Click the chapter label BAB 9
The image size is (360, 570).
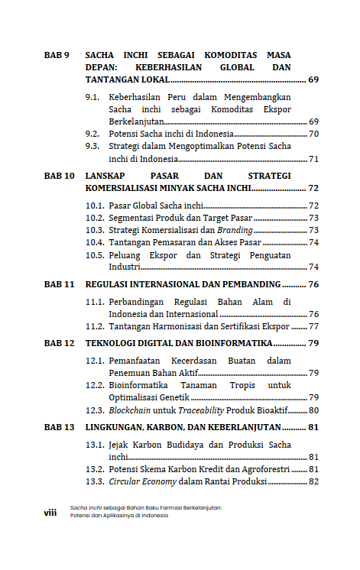tap(57, 56)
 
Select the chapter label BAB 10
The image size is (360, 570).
tap(59, 176)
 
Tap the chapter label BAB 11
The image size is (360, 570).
tap(59, 284)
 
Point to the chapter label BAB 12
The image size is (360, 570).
tap(59, 343)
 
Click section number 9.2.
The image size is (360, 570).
tap(92, 134)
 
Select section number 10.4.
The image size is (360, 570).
tap(95, 242)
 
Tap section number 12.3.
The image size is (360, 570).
tap(95, 410)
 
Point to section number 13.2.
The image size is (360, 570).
tap(95, 469)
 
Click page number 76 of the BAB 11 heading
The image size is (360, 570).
tap(313, 284)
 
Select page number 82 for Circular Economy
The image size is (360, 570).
tap(313, 481)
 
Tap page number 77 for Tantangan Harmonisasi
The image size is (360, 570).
tap(313, 326)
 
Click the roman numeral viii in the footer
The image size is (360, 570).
tap(50, 513)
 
